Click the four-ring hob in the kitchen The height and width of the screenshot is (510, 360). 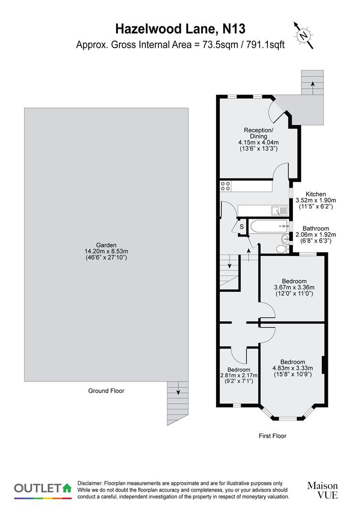click(225, 186)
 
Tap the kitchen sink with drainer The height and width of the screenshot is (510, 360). click(278, 210)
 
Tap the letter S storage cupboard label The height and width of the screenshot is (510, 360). click(242, 227)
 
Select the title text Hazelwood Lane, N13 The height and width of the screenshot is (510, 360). click(181, 29)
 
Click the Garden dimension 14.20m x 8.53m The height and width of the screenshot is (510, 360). click(106, 251)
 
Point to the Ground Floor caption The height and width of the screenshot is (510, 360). click(106, 391)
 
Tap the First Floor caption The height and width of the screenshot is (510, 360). click(273, 436)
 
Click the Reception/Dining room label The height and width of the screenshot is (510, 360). click(258, 133)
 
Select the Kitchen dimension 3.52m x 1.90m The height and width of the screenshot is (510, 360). click(315, 200)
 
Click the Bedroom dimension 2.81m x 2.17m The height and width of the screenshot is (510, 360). click(239, 375)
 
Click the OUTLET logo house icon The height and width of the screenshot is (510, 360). click(67, 487)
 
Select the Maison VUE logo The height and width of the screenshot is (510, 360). click(322, 490)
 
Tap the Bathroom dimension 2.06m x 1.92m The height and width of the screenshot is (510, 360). click(315, 234)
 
